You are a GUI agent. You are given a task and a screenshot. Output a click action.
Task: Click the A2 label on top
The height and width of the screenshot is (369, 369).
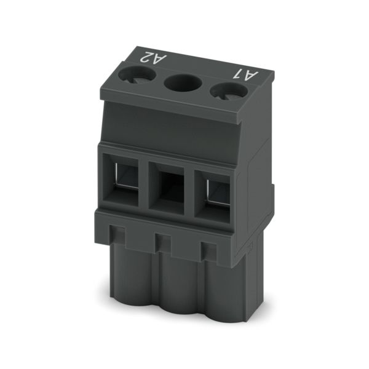[x=153, y=58]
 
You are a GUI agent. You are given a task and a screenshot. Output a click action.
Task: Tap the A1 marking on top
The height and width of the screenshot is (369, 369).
[x=245, y=75]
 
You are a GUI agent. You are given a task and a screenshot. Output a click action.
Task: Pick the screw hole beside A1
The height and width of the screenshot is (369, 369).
[x=229, y=92]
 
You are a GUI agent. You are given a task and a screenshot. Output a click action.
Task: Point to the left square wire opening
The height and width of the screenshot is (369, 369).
[x=121, y=180]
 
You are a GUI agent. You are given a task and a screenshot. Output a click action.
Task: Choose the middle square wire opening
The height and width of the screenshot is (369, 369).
[x=167, y=188]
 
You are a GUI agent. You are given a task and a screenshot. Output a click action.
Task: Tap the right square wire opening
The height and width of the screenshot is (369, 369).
[x=212, y=196]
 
